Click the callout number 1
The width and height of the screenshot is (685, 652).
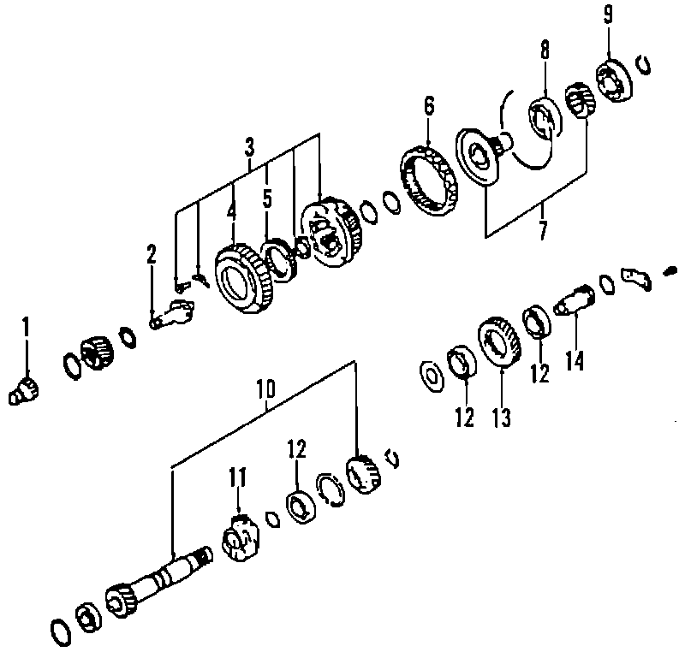tap(26, 326)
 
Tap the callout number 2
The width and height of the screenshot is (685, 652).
tap(152, 253)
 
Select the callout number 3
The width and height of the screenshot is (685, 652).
tap(249, 146)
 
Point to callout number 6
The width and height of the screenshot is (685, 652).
tap(429, 106)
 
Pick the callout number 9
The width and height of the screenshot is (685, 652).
tap(608, 15)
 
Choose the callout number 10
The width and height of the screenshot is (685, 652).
tap(265, 389)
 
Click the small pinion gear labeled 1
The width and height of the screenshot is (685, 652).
tap(23, 389)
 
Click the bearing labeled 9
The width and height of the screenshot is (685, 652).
tap(616, 79)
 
